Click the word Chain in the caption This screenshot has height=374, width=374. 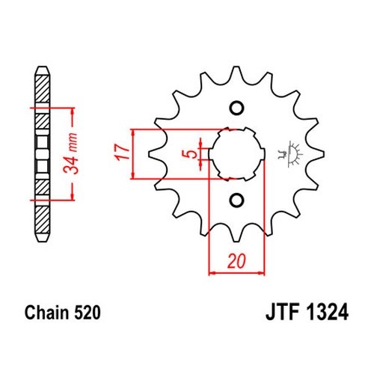46,313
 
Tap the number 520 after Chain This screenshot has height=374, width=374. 87,313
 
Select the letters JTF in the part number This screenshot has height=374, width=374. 283,313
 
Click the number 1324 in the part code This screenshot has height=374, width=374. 327,313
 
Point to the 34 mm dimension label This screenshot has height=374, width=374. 70,153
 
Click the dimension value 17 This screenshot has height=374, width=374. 123,152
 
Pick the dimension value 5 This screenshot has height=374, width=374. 190,155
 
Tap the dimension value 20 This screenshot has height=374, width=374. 236,261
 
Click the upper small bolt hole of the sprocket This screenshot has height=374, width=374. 236,108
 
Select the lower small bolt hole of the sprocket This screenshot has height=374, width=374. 236,200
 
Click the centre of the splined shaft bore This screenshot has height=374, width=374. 236,154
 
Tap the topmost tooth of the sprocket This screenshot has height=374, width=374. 236,73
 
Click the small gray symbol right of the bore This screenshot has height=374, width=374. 290,154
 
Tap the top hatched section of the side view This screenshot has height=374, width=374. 42,89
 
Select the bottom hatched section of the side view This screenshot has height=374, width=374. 42,220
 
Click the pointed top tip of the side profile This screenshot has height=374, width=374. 42,67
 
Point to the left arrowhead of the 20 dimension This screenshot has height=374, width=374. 211,273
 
